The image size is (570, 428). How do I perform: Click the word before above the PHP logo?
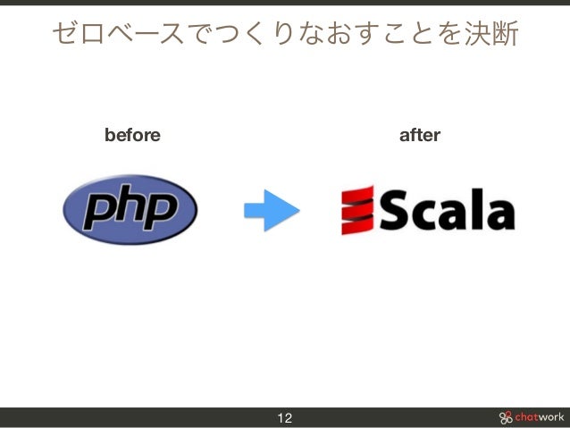pyautogui.click(x=132, y=135)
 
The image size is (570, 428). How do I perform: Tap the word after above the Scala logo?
pyautogui.click(x=419, y=135)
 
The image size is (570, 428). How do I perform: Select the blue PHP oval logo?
pyautogui.click(x=130, y=210)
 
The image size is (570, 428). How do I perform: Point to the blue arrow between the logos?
pyautogui.click(x=271, y=211)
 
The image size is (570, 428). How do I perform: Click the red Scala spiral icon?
pyautogui.click(x=356, y=210)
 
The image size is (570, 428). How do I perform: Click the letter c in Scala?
pyautogui.click(x=427, y=214)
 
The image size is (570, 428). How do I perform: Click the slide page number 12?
pyautogui.click(x=285, y=418)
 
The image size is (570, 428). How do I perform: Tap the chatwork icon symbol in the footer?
pyautogui.click(x=506, y=417)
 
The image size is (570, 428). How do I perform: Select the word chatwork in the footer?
pyautogui.click(x=539, y=417)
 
